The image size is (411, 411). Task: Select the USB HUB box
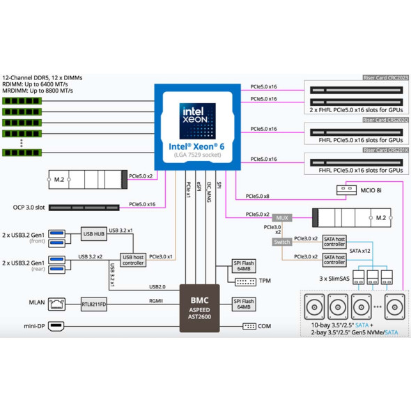coord(94,234)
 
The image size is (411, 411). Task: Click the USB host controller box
coord(133,260)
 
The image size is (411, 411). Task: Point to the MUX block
coord(282,218)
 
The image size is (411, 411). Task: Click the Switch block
coord(282,242)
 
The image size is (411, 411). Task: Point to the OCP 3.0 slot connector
coord(84,208)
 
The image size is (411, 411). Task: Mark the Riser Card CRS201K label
coord(385,150)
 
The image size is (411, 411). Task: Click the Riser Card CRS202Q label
coord(385,120)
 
